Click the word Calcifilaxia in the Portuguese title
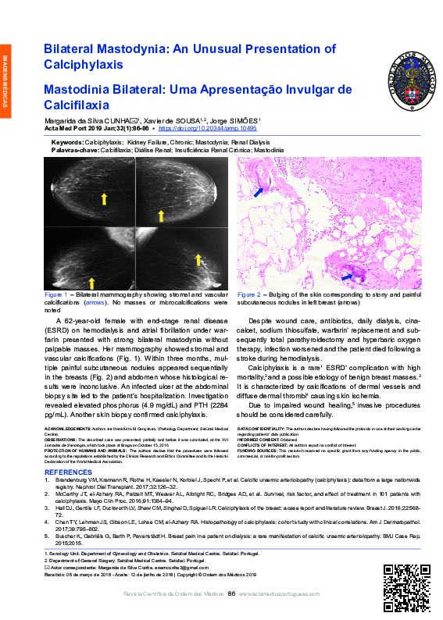tap(77, 103)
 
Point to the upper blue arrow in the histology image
tap(259, 189)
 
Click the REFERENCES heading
tap(69, 472)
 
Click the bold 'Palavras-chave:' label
tap(74, 149)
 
